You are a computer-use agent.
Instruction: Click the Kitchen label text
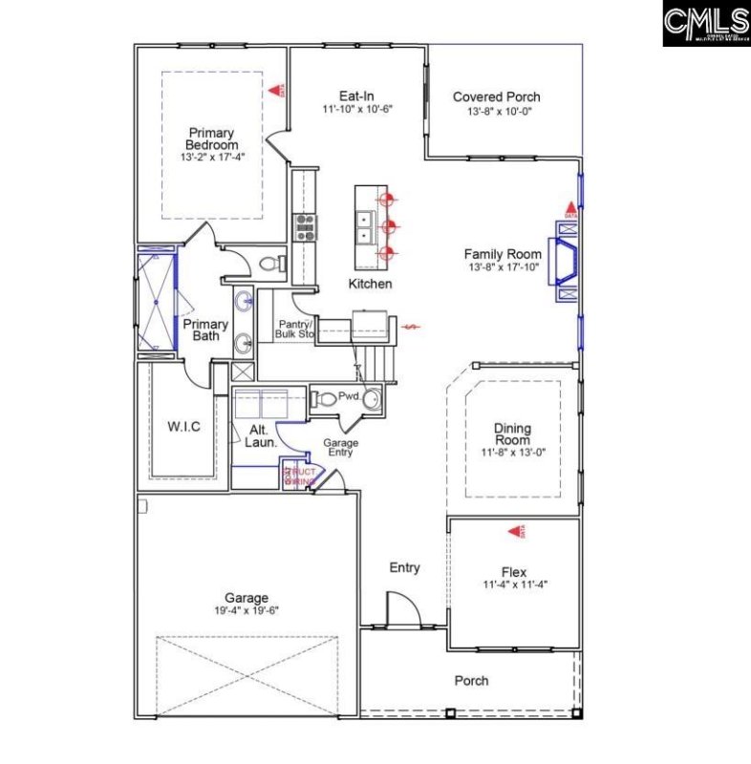[x=370, y=285]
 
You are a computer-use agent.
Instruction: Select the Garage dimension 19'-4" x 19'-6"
[x=246, y=609]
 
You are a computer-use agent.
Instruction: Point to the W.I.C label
[x=184, y=426]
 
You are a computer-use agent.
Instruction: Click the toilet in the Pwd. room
[x=325, y=398]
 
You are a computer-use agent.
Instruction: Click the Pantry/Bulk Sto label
[x=295, y=329]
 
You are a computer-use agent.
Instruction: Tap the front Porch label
[x=471, y=681]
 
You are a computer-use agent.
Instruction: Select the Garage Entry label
[x=340, y=447]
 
